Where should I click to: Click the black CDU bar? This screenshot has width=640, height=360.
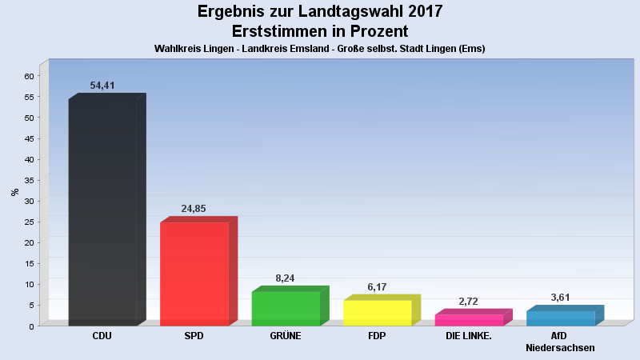click(102, 212)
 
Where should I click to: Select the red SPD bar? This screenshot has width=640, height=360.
click(194, 274)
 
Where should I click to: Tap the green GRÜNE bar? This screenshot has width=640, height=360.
click(286, 308)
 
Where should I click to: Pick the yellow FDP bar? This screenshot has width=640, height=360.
click(377, 312)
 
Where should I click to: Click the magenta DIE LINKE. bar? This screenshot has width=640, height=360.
click(469, 319)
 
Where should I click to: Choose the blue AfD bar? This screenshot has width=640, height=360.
click(560, 318)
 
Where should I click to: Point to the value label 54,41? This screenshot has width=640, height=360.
click(102, 86)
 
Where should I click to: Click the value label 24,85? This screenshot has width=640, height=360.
click(194, 209)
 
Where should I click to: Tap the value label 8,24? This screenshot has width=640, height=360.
click(286, 278)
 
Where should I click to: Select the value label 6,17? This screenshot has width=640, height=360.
click(377, 286)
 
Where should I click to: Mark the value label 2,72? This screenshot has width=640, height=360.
click(469, 302)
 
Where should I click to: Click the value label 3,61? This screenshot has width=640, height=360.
click(561, 298)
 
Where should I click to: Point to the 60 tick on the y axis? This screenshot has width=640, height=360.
click(29, 76)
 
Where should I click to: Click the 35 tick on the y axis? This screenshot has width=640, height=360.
click(29, 180)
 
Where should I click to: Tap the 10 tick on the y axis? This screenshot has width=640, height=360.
click(29, 284)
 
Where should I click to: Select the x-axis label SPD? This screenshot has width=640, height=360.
click(194, 336)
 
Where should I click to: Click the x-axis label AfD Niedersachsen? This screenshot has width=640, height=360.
click(560, 342)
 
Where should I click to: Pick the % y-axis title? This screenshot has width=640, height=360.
click(14, 192)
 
